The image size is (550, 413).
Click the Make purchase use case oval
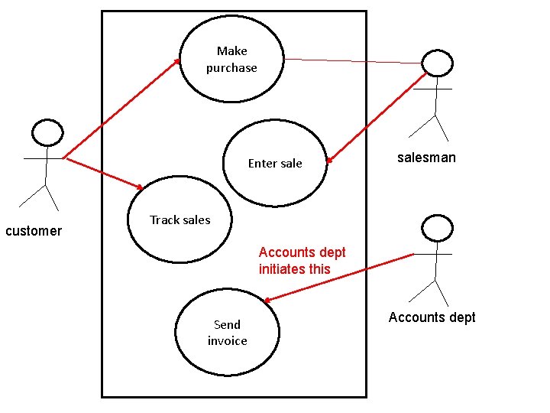coord(231,84)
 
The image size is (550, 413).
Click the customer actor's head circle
coord(47,132)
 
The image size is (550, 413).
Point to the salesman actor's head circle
coord(438,63)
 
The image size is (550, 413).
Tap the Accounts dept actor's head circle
coord(437,227)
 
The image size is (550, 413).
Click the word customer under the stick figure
coord(34,231)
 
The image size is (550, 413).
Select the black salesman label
coord(426,158)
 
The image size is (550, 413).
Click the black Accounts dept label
coord(432,317)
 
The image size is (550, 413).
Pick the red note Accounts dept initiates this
coord(302,260)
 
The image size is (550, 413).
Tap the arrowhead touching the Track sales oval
coord(140,187)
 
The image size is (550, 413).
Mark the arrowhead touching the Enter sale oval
coord(330,160)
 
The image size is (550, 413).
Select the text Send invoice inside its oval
coord(227,333)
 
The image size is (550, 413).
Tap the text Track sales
coord(180,220)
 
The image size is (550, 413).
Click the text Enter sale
coord(275,163)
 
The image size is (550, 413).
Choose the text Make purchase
coord(231,60)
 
